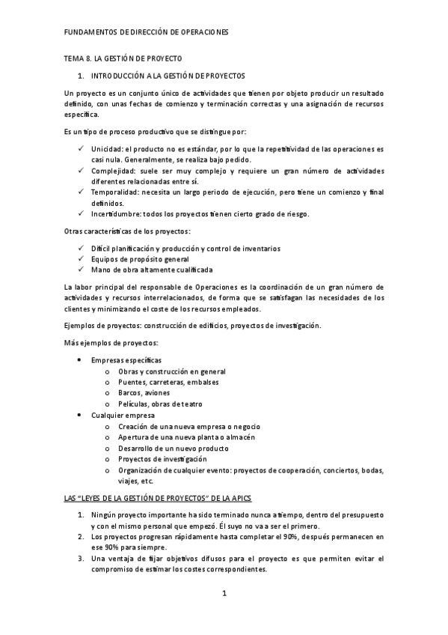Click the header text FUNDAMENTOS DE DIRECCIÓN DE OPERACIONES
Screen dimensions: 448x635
coord(147,33)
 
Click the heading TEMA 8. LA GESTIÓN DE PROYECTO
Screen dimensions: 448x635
coord(122,58)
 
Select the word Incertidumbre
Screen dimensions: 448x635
coord(118,215)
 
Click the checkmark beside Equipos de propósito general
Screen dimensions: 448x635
coord(80,258)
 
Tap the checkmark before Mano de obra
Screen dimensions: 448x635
coord(80,269)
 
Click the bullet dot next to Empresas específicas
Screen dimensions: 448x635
coord(80,361)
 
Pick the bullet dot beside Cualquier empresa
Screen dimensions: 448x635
coord(80,415)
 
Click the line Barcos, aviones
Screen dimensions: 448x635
coord(144,393)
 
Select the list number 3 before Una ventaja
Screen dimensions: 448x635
coord(82,559)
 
